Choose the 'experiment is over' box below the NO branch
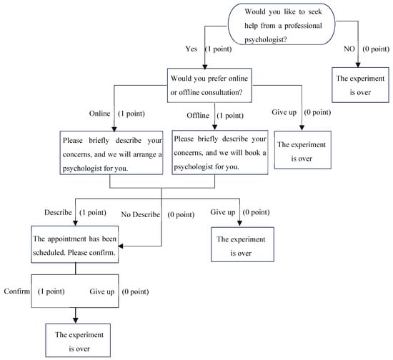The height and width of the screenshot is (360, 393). point(360,84)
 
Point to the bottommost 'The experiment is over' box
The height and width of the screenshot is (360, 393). point(74,340)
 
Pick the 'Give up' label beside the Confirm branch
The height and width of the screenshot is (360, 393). point(102,291)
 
